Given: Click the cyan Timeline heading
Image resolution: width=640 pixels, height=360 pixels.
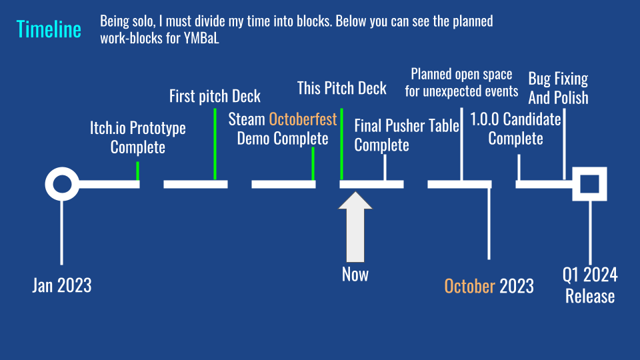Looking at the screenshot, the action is pyautogui.click(x=49, y=29).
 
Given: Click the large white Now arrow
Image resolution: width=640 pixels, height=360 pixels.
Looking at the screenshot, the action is pyautogui.click(x=355, y=227).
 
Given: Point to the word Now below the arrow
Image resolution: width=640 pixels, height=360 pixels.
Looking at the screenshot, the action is pyautogui.click(x=355, y=274).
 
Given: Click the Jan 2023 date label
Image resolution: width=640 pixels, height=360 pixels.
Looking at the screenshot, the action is pyautogui.click(x=62, y=285).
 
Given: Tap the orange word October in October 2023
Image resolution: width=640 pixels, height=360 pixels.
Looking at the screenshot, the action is pyautogui.click(x=470, y=286).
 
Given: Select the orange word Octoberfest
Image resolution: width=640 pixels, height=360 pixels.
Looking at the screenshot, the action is pyautogui.click(x=303, y=119).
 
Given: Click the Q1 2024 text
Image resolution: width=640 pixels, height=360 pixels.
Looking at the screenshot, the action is pyautogui.click(x=590, y=275).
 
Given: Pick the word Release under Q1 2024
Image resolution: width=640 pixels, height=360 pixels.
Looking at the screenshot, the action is pyautogui.click(x=590, y=296).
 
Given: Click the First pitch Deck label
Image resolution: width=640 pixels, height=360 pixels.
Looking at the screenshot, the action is pyautogui.click(x=215, y=96).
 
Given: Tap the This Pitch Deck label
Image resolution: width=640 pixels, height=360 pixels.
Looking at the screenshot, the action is pyautogui.click(x=341, y=88).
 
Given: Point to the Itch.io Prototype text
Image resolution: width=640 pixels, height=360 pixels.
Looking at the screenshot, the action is pyautogui.click(x=138, y=128).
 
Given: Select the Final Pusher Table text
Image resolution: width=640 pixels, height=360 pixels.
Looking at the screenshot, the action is pyautogui.click(x=407, y=126).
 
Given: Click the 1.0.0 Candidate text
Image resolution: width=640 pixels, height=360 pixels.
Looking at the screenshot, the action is pyautogui.click(x=515, y=119).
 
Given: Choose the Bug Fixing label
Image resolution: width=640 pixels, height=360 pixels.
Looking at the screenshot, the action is pyautogui.click(x=558, y=79).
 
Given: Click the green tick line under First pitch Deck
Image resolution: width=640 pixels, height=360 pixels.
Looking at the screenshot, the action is pyautogui.click(x=215, y=144).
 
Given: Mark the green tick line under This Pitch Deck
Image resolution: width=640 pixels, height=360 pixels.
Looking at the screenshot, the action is pyautogui.click(x=341, y=144).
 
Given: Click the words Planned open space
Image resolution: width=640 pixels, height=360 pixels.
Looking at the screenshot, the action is pyautogui.click(x=461, y=74).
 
